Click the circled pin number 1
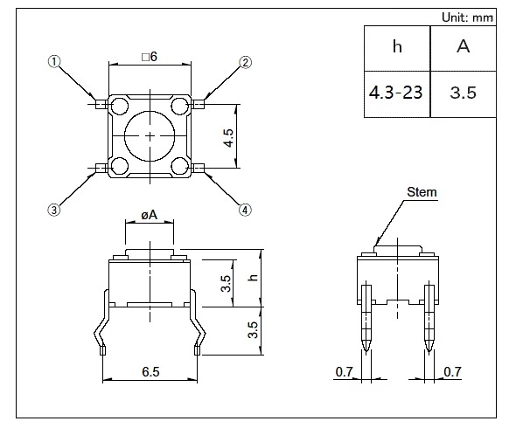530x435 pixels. [54, 62]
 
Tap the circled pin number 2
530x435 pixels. [246, 62]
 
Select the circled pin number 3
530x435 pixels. [53, 210]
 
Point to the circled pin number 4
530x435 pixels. [245, 210]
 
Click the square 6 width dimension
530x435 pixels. [150, 57]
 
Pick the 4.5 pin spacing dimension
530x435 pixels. [229, 138]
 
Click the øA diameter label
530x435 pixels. [149, 215]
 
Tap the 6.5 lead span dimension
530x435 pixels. [150, 371]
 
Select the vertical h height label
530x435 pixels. [253, 277]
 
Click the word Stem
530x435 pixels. [422, 192]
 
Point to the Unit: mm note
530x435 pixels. [468, 17]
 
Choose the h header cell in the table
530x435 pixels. [397, 48]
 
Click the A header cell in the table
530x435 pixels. [464, 48]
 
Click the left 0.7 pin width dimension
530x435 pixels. [344, 372]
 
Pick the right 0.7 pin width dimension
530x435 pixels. [452, 372]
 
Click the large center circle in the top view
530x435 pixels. [150, 136]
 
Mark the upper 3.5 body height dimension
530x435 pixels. [226, 283]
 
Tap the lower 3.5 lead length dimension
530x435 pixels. [253, 329]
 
